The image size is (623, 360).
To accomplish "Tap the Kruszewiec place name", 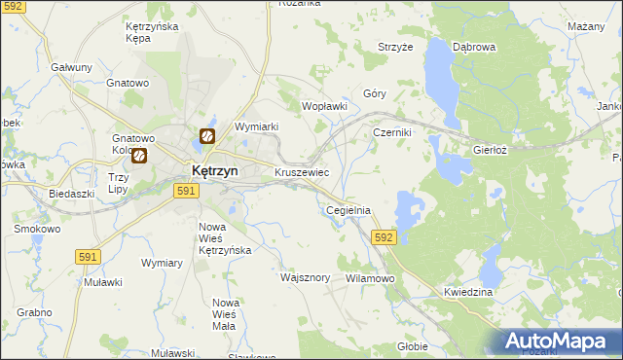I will point(302,172).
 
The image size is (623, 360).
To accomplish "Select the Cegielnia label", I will point(348,209).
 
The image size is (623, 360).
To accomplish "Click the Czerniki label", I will point(393,132).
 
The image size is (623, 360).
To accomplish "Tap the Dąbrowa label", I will point(475,46).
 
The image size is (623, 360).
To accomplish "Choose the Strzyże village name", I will point(396,47).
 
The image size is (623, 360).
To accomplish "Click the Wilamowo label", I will point(369,278).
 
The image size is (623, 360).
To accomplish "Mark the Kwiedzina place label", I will point(468,292).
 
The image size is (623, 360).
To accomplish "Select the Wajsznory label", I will point(306,277).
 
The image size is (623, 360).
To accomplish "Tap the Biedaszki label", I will point(71,194).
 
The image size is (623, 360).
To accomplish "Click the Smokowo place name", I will point(37,230).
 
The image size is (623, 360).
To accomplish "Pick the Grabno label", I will point(34,312).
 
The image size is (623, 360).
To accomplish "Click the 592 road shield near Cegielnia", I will point(384,236).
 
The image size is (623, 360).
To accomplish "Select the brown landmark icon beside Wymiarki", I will point(208,137).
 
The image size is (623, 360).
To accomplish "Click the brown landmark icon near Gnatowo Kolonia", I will point(139,155).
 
